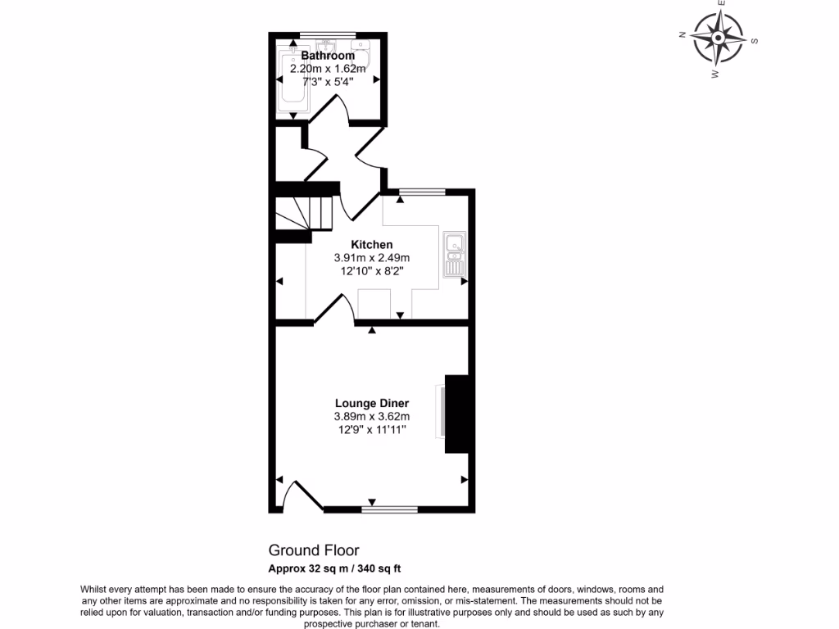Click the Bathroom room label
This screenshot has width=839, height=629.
[x=328, y=56]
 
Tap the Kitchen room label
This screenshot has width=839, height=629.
[x=372, y=244]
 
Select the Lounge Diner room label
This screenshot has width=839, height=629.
[x=372, y=403]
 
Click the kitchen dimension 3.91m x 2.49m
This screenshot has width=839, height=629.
[x=372, y=256]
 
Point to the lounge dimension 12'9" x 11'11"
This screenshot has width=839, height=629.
[x=372, y=428]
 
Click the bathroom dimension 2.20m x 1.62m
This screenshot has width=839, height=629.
[x=328, y=69]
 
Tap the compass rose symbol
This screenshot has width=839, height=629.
[x=719, y=38]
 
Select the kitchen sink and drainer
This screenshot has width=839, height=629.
[x=454, y=254]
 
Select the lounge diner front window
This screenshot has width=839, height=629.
[x=389, y=509]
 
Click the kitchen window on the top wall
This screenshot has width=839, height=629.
[x=423, y=192]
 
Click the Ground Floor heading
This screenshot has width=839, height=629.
[x=314, y=550]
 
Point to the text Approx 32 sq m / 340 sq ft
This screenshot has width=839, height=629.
[x=334, y=568]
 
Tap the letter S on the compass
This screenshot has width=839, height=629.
[x=755, y=41]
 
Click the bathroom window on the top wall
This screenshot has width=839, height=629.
[x=327, y=34]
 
